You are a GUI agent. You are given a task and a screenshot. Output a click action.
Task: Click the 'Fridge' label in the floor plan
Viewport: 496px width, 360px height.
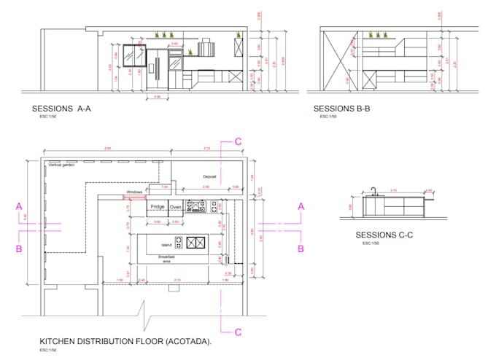tap(157, 207)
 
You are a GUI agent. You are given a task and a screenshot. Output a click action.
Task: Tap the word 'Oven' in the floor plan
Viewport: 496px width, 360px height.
tap(175, 207)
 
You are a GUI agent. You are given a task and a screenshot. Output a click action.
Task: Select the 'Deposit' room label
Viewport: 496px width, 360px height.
tap(210, 176)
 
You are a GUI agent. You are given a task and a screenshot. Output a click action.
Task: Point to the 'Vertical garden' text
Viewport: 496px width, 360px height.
tap(62, 165)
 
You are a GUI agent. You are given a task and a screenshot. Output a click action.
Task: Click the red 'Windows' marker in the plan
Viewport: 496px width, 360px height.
tap(134, 196)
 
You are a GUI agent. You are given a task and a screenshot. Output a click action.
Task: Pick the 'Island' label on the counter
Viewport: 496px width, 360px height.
tap(167, 244)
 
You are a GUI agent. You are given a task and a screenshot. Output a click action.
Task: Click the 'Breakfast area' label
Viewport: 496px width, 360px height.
tap(166, 259)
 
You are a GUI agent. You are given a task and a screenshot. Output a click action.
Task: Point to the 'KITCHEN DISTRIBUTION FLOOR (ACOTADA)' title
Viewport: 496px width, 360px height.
tap(125, 341)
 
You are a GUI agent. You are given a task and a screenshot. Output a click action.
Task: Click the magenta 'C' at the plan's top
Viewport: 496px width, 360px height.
tap(237, 142)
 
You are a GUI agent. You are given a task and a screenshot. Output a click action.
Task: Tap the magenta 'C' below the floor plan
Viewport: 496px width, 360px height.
tap(237, 332)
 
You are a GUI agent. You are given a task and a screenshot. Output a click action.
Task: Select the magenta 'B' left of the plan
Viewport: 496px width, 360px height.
tap(20, 249)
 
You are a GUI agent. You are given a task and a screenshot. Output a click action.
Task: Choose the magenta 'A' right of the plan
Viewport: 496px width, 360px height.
tap(300, 207)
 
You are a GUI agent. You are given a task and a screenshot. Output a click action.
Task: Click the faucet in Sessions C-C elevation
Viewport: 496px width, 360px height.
tap(372, 192)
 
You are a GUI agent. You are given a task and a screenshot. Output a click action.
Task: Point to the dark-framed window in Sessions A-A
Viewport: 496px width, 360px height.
tap(132, 54)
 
